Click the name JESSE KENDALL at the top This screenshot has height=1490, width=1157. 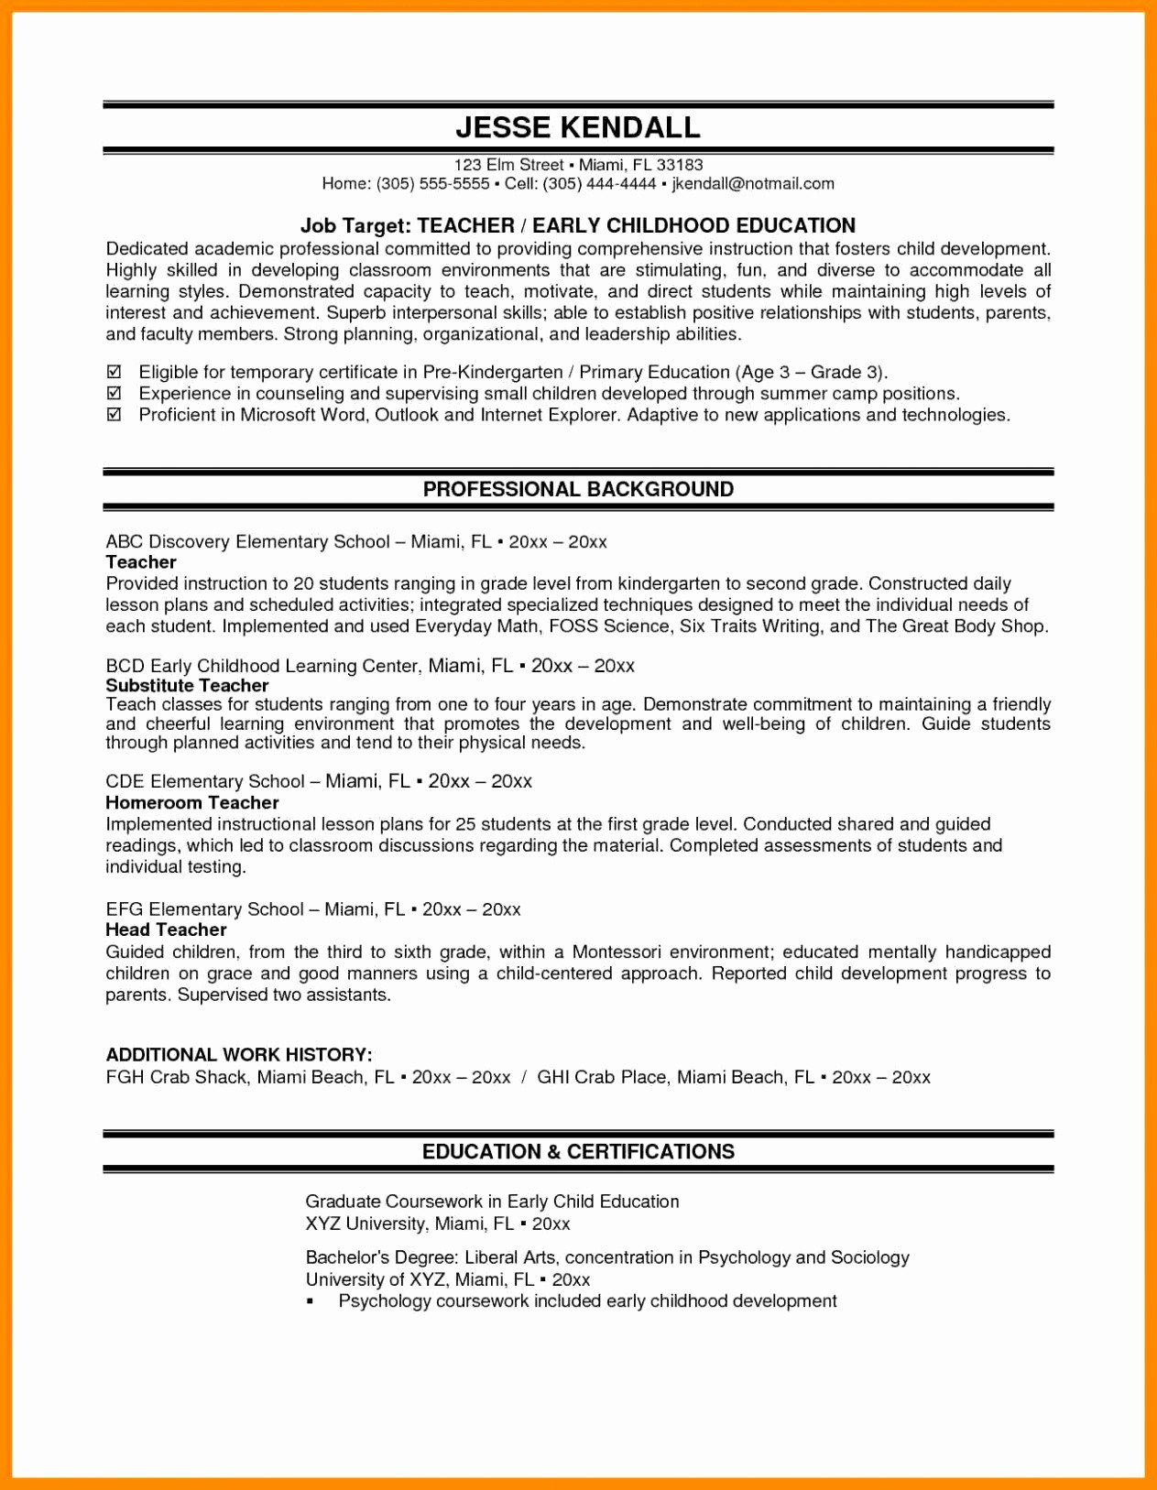(x=578, y=127)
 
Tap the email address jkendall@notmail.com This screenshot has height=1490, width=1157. (x=753, y=184)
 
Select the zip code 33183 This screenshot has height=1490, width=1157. (x=680, y=165)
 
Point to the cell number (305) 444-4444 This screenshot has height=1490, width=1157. (x=599, y=184)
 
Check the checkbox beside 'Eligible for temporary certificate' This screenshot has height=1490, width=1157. (x=115, y=372)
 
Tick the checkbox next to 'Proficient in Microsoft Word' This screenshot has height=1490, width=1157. (x=115, y=415)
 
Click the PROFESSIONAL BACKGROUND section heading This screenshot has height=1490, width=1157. (x=578, y=489)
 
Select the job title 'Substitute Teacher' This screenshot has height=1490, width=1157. (x=187, y=685)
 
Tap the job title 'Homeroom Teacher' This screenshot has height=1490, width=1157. (x=191, y=802)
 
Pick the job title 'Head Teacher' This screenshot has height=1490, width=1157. (x=166, y=930)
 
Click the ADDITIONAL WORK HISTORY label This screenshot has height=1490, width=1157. (x=238, y=1054)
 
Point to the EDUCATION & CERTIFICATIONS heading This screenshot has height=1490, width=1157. (x=578, y=1151)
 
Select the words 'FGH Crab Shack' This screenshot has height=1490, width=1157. (x=176, y=1077)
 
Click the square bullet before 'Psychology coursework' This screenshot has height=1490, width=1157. (x=311, y=1301)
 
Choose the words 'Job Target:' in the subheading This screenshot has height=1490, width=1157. (x=355, y=225)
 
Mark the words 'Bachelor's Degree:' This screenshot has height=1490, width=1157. (x=381, y=1257)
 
